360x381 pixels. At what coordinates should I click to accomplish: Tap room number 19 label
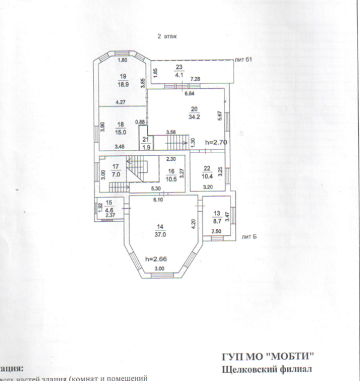tap(124, 76)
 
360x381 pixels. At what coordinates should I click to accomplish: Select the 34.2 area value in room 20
tap(194, 116)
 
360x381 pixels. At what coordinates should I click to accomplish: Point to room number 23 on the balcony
tap(178, 68)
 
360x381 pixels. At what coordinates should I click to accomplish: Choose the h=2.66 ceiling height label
tap(155, 259)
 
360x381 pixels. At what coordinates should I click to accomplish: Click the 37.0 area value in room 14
tap(160, 235)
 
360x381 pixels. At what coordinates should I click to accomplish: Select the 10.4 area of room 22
tap(207, 175)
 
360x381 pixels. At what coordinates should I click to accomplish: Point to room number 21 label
tap(145, 140)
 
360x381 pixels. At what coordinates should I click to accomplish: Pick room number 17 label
tap(116, 166)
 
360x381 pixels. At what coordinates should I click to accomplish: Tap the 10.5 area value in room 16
tap(171, 178)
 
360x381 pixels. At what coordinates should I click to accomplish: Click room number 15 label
tap(109, 203)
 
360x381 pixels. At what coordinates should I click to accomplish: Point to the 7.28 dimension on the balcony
tap(195, 79)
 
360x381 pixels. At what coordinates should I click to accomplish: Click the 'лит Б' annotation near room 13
tap(248, 236)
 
